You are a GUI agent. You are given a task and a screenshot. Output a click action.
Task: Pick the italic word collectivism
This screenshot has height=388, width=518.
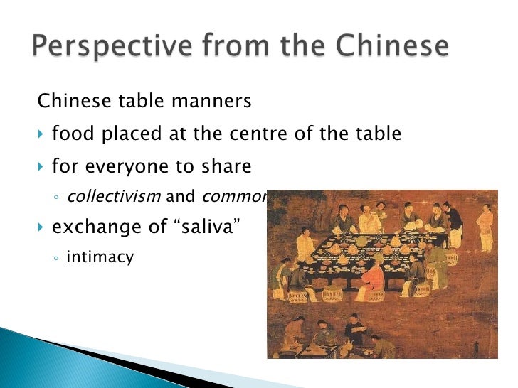tap(113, 197)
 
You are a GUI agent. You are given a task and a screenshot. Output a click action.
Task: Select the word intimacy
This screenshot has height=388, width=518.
tap(100, 257)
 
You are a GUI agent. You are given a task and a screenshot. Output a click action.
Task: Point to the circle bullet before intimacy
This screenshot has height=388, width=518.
tap(56, 259)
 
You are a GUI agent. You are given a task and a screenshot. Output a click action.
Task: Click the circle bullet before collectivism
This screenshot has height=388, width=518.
tap(56, 198)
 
